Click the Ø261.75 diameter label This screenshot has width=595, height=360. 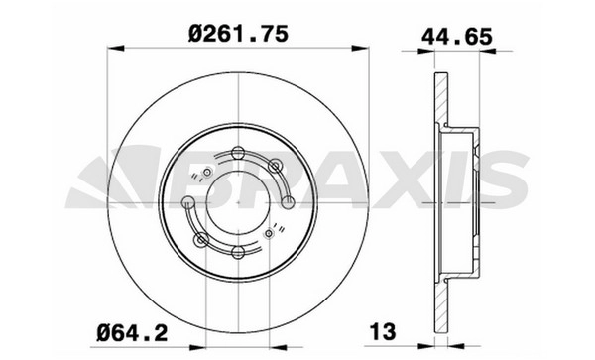[238, 34]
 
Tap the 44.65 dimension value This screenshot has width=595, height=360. [457, 37]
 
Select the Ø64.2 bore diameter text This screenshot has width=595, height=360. [132, 333]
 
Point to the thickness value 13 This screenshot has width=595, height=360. [383, 332]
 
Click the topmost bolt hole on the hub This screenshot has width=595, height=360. [238, 153]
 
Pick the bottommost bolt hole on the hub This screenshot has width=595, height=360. [238, 252]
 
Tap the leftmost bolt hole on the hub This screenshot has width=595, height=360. [187, 202]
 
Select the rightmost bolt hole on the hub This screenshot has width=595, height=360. [288, 202]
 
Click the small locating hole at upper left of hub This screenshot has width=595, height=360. [207, 173]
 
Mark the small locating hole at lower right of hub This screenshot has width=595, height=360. [269, 233]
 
